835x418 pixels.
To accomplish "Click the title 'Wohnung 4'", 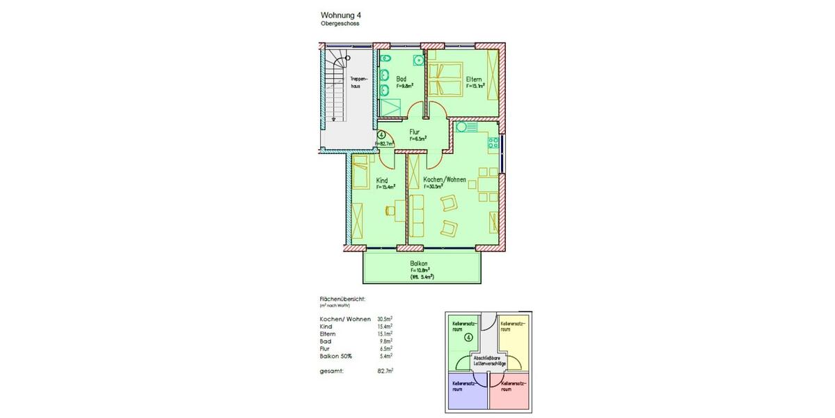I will coord(340,15).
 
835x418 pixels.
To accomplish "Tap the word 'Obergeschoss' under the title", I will coord(340,24).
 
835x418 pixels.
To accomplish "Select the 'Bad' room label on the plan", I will coord(401,79).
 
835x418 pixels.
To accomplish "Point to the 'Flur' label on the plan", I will coord(414,131).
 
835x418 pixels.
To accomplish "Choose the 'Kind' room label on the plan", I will coord(381,180).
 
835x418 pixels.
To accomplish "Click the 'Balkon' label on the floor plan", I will coord(419,263).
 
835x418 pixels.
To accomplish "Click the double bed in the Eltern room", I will coord(443,78).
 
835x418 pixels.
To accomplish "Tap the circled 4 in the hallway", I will coord(382,135).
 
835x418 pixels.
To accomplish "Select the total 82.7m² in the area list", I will coord(385,371).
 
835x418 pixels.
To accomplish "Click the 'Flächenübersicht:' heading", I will coord(337,298).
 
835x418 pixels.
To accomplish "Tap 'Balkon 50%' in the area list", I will coord(335,356).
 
